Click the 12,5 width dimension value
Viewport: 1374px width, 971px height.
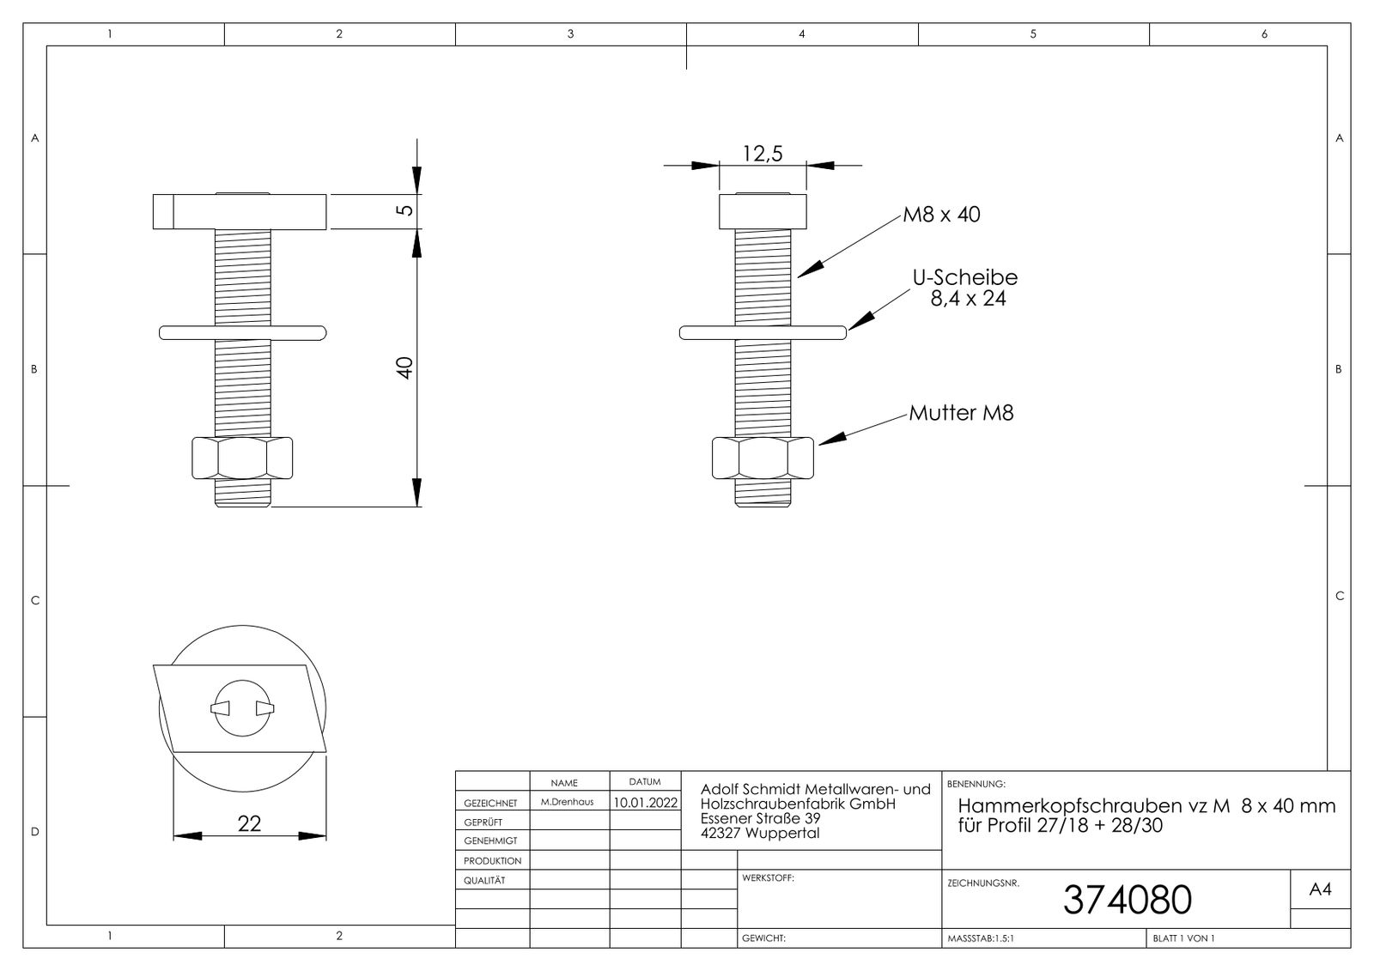coord(763,154)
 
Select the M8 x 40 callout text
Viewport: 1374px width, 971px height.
coord(941,215)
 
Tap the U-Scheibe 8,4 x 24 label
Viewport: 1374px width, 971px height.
coord(965,288)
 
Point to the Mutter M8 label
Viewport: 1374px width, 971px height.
coord(961,413)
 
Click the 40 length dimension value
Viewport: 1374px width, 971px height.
coord(405,367)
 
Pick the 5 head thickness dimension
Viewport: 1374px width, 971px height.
coord(407,209)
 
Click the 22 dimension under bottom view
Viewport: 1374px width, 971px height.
coord(249,823)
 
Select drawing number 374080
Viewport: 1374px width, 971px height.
coord(1127,900)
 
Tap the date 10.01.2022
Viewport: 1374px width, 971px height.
coord(645,803)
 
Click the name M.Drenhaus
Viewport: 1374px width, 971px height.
coord(567,802)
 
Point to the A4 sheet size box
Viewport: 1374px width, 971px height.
coord(1320,890)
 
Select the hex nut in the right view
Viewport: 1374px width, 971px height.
coord(763,458)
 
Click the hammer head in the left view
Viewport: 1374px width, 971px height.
coord(240,212)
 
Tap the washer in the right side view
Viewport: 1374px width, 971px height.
coord(763,332)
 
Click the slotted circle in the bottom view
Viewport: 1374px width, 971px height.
coord(243,707)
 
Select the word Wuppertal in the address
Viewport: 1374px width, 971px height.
coord(783,833)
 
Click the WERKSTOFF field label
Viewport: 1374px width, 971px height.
coord(767,878)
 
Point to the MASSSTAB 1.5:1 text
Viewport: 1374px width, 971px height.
coord(980,938)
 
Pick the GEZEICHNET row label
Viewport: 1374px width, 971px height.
coord(490,803)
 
